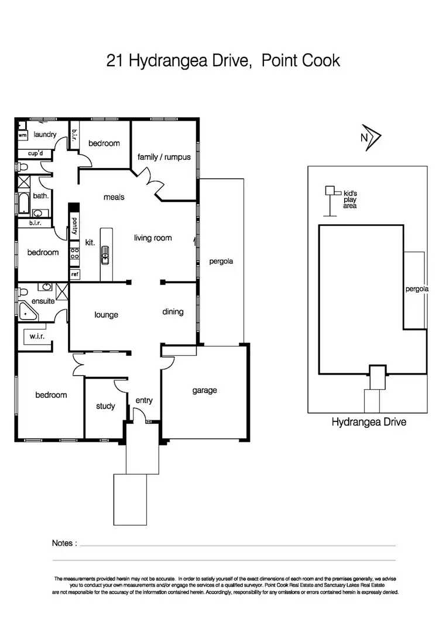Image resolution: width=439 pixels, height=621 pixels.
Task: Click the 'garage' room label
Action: (x=204, y=390)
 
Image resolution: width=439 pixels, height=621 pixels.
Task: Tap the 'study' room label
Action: (x=105, y=406)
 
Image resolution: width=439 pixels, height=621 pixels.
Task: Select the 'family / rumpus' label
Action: (x=164, y=157)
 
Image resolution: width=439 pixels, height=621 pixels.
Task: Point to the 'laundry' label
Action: (x=45, y=135)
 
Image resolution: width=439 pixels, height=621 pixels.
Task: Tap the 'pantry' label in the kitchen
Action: (x=74, y=225)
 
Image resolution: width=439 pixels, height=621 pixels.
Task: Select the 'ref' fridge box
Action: (x=74, y=274)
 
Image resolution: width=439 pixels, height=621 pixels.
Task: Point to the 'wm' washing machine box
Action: (x=23, y=135)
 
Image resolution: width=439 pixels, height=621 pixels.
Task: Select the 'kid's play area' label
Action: (x=350, y=199)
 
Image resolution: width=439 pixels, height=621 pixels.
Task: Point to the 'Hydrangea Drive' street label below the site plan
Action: (x=369, y=421)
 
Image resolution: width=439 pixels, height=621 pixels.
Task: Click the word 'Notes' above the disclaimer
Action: (x=63, y=543)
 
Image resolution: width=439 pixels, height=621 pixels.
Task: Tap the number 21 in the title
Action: (x=114, y=61)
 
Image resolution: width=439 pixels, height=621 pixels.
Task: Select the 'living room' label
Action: (x=153, y=238)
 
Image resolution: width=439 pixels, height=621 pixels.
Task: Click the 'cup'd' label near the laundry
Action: (x=36, y=153)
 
